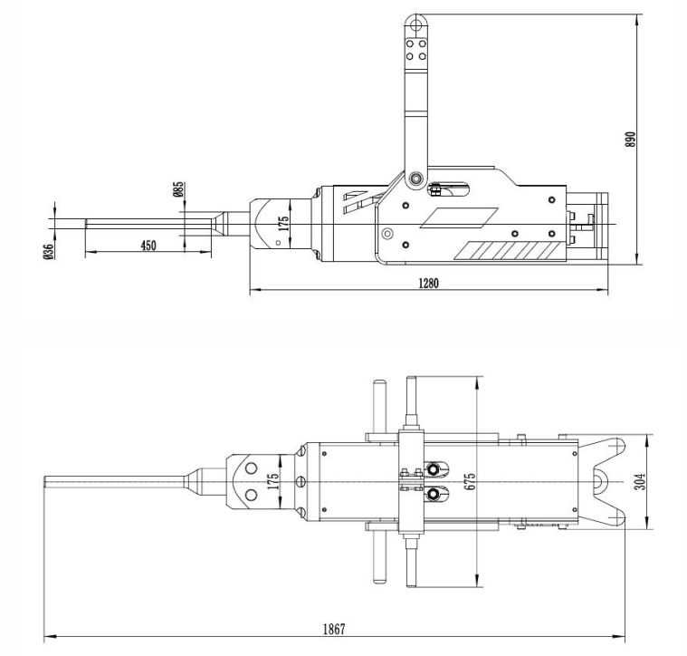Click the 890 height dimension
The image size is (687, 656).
pos(632,138)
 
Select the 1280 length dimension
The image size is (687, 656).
pos(428,283)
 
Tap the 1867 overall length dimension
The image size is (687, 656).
pos(337,629)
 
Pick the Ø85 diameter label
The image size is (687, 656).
pos(178,189)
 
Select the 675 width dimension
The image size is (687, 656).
pos(470,481)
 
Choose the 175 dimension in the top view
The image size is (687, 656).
pos(273,481)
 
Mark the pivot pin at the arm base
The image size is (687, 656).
pos(415,178)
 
